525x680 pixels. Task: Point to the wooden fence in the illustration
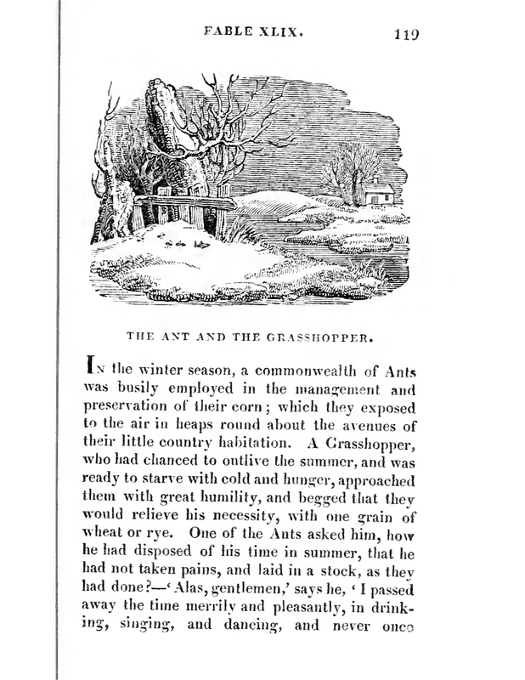point(183,211)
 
